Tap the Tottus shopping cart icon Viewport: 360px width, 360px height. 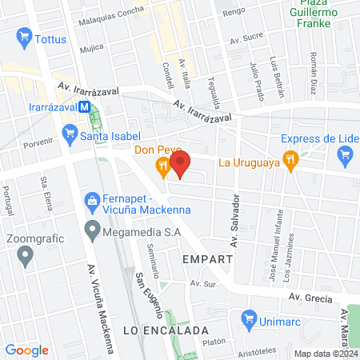tap(23, 37)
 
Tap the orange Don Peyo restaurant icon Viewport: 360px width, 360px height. tap(163, 167)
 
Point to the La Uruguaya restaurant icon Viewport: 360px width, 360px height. tap(290, 161)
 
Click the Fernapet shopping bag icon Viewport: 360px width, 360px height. tap(93, 199)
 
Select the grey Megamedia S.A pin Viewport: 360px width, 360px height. tap(93, 234)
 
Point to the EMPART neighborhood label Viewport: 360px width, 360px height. tap(207, 260)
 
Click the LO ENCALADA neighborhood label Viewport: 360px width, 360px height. tap(166, 330)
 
